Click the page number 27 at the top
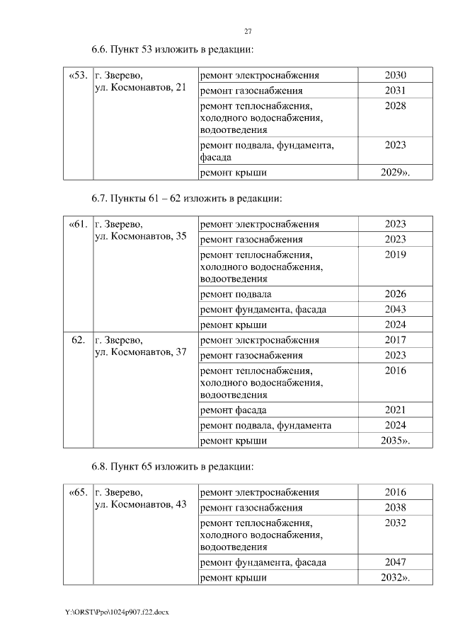(248, 31)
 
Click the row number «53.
(78, 76)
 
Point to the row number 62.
(79, 340)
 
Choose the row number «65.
(78, 492)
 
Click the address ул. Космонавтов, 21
(140, 87)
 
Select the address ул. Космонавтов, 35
(140, 235)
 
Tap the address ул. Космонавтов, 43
(140, 504)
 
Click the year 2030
(395, 76)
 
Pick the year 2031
(395, 91)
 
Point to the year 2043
(395, 309)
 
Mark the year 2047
(395, 562)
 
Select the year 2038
(395, 507)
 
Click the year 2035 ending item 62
(394, 441)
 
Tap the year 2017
(395, 340)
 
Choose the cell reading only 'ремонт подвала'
(236, 294)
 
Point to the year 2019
(395, 255)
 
